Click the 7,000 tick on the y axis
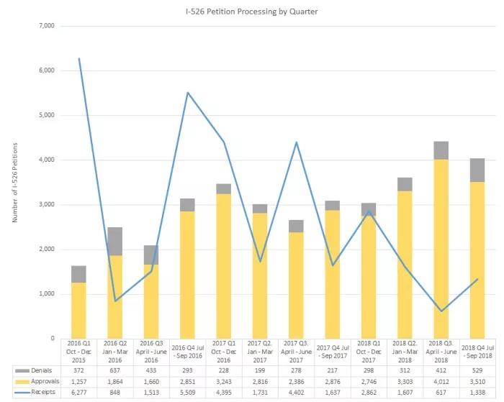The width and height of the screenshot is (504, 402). [x=45, y=26]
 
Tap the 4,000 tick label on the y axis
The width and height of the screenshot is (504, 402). [x=45, y=160]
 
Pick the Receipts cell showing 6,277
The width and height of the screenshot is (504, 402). [x=78, y=392]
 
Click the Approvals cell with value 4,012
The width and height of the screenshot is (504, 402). [x=441, y=380]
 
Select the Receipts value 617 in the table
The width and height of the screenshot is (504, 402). [x=441, y=392]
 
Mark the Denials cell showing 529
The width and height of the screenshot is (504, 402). [x=478, y=369]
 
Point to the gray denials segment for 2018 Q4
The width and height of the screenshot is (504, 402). [x=478, y=170]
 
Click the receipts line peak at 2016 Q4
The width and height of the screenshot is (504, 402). [x=187, y=93]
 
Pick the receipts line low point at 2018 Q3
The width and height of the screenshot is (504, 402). [x=441, y=311]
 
